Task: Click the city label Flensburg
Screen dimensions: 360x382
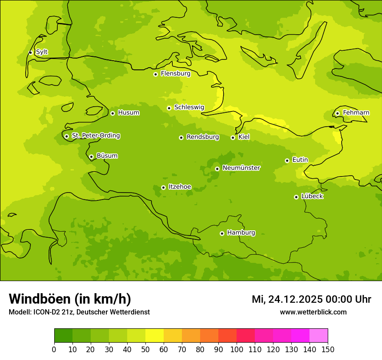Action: click(175, 74)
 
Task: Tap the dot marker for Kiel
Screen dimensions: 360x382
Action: click(233, 137)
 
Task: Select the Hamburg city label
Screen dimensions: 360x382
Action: click(241, 233)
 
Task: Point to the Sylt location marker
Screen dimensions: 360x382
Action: click(30, 52)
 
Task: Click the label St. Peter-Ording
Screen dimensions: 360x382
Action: click(95, 136)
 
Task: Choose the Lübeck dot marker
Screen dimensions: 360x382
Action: click(296, 197)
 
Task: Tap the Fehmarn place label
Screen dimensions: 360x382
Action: click(356, 113)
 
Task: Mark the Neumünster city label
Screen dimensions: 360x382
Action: click(241, 168)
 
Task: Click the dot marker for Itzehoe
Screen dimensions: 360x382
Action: click(163, 187)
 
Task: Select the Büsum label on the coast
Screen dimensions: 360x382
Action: click(107, 156)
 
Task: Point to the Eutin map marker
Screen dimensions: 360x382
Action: click(287, 160)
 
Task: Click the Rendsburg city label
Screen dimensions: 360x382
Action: click(203, 137)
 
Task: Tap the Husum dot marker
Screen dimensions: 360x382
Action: click(112, 113)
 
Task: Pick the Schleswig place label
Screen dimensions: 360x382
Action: click(189, 108)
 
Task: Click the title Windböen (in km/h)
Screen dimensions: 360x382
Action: click(70, 299)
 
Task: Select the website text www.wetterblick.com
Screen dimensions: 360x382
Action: click(313, 312)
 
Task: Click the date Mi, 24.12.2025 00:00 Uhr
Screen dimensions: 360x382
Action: click(311, 299)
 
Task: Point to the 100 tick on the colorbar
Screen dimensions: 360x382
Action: click(237, 349)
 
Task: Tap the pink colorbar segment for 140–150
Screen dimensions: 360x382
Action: click(319, 336)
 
